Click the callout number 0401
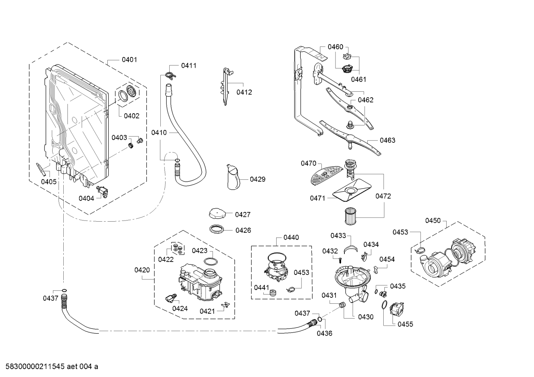click(129, 60)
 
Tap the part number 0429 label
click(257, 179)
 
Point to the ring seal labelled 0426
click(217, 229)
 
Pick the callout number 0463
click(387, 140)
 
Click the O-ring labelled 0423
click(211, 262)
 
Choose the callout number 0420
click(142, 270)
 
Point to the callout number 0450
click(433, 221)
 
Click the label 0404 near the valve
click(86, 198)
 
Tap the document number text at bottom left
click(50, 367)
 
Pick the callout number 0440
click(291, 238)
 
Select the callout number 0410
click(159, 132)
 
